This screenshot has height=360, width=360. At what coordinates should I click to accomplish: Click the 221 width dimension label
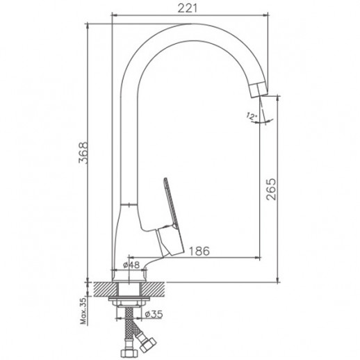coord(188,8)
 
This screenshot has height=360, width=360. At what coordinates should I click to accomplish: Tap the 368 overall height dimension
coord(83,153)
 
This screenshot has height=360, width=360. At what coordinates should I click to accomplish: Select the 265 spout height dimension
coord(271,189)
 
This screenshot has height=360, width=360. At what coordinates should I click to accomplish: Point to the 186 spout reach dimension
coord(199,251)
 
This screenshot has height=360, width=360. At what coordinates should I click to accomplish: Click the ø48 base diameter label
coord(131,265)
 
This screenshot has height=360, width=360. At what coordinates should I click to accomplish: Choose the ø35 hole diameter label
coord(154,314)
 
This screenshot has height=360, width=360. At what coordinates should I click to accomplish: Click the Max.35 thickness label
coord(83,311)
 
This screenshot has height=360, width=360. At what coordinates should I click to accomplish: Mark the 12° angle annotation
coord(251,116)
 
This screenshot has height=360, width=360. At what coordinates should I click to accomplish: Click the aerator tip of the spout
coord(259,89)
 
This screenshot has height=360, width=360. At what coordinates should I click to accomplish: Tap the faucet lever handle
coord(171,220)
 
